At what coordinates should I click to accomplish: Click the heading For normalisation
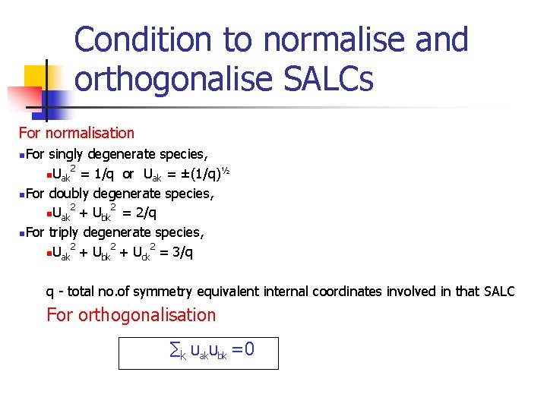76,133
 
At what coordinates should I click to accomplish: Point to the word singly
69,155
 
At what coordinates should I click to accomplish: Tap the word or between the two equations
128,175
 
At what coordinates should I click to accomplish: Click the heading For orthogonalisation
131,315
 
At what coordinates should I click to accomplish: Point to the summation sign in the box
173,351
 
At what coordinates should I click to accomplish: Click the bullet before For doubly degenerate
23,194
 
